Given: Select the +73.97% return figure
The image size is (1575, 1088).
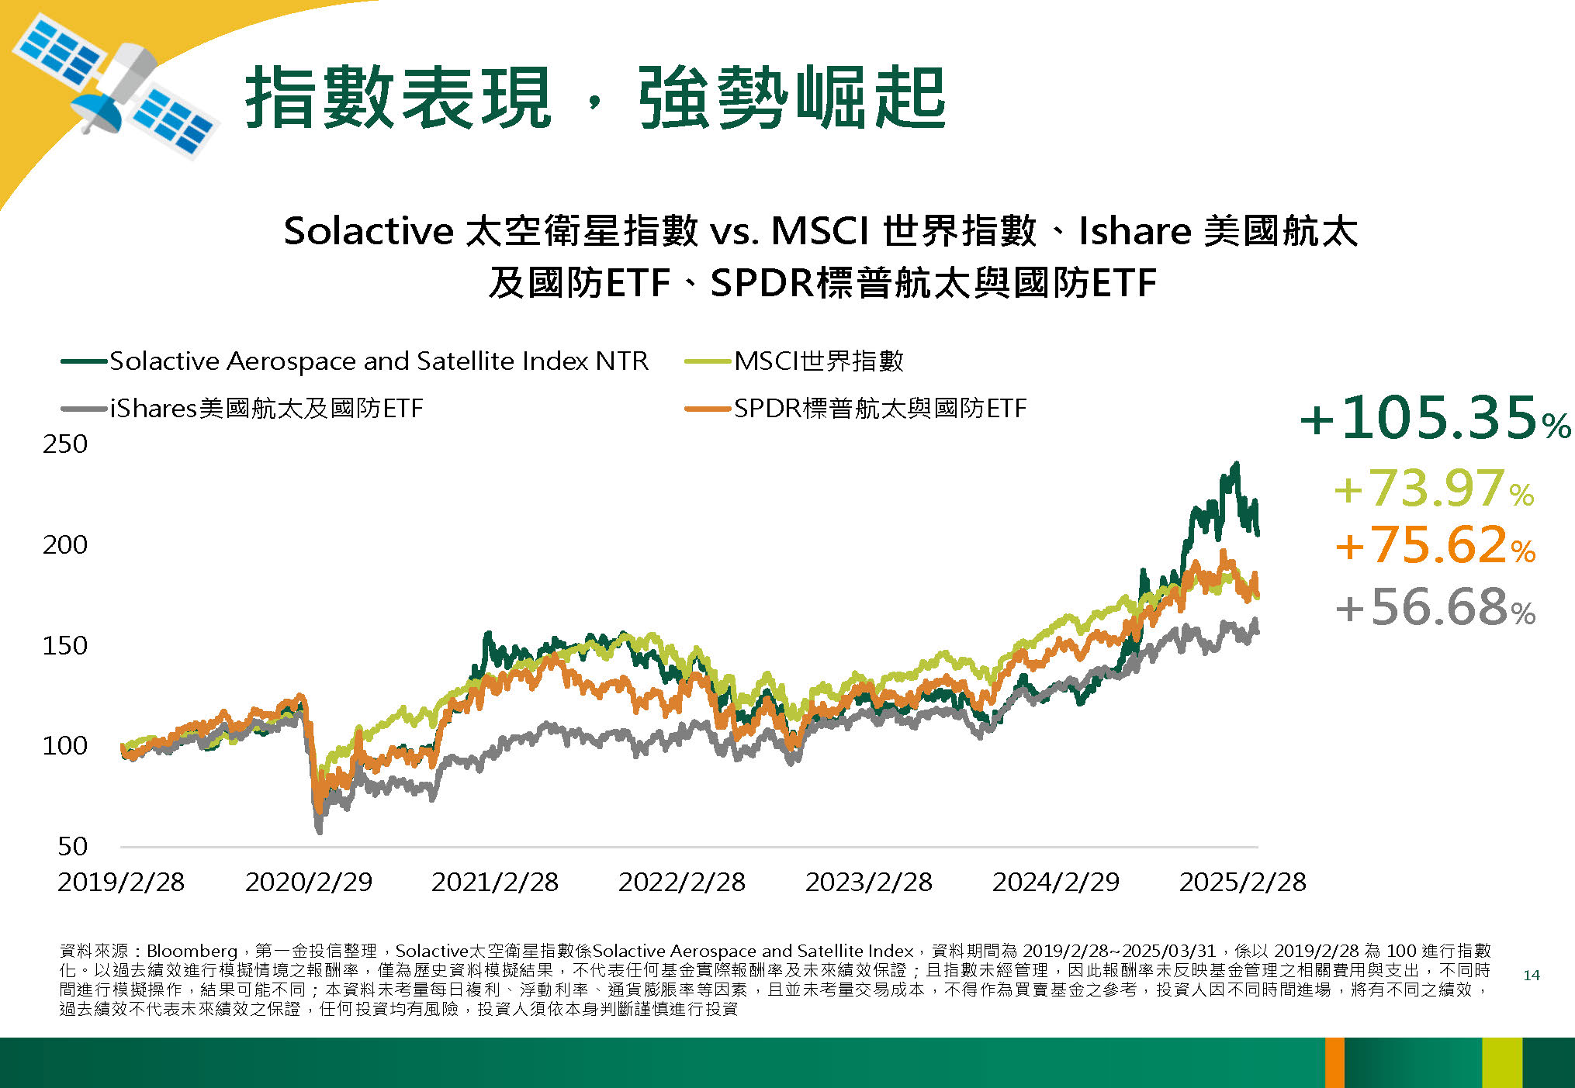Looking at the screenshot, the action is tap(1434, 489).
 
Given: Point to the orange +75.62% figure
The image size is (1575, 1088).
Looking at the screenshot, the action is tap(1435, 544).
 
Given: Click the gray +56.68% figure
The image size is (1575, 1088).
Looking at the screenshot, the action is tap(1435, 606).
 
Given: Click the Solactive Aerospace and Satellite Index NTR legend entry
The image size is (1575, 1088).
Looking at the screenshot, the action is tap(355, 361).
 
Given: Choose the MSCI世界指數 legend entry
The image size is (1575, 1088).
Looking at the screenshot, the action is tap(794, 361).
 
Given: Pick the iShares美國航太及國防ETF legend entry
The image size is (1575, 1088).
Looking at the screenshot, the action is tap(242, 408).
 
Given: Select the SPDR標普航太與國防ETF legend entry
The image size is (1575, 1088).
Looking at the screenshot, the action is tap(856, 408).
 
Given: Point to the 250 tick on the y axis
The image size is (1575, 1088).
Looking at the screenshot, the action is tap(65, 444).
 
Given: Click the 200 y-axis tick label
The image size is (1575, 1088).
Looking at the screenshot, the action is tap(65, 544).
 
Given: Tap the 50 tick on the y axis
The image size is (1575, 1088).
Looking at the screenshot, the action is tap(73, 846).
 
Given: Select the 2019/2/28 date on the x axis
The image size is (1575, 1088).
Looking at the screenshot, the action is tap(122, 882).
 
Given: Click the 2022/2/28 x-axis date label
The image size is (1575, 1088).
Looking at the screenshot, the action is tap(682, 882).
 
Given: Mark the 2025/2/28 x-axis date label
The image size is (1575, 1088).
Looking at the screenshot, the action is tap(1243, 882).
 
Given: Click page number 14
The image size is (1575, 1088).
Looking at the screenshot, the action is tap(1532, 975).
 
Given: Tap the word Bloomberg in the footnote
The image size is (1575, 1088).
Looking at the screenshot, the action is tap(192, 951).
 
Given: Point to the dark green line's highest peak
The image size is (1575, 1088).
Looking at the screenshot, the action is tap(1236, 463).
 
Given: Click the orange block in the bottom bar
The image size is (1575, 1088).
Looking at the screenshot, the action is tap(1334, 1062).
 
